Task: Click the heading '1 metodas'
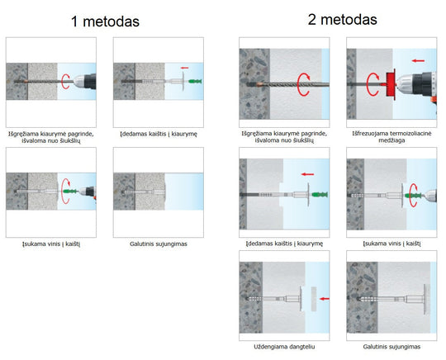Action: (105, 21)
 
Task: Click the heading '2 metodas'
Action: (343, 20)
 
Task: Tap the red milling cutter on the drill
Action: (391, 84)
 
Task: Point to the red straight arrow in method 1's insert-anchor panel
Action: (185, 68)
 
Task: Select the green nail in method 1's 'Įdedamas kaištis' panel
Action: (195, 82)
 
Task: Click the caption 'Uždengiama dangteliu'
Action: (284, 347)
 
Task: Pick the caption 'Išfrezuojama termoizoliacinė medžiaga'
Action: (391, 137)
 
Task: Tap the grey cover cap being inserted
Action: (314, 299)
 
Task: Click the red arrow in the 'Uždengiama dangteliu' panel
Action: (325, 299)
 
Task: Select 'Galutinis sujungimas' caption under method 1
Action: (159, 244)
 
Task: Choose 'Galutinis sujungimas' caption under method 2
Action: (391, 347)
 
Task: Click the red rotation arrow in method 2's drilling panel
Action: (303, 84)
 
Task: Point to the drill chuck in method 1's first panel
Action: (79, 82)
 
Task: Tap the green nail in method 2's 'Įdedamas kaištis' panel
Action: (320, 195)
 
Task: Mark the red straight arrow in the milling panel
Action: (418, 60)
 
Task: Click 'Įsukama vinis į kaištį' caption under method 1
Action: (51, 244)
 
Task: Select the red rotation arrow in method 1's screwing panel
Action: (66, 191)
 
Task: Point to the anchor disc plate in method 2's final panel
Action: (426, 299)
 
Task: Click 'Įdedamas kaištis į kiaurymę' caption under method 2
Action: (284, 244)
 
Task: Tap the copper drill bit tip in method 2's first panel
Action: (259, 84)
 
